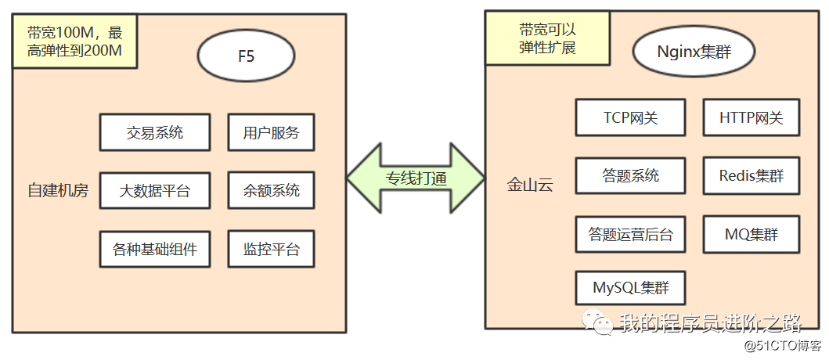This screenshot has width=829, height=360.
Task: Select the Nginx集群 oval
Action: click(x=694, y=53)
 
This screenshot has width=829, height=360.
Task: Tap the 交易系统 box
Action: click(x=155, y=132)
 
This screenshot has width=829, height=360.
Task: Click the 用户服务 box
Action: click(x=271, y=132)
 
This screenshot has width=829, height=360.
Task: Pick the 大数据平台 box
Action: click(x=155, y=190)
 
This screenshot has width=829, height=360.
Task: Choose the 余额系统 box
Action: click(x=271, y=190)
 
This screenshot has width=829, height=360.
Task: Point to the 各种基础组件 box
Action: click(x=155, y=250)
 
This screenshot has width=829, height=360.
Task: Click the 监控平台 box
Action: click(x=271, y=250)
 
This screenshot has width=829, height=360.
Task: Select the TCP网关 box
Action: click(x=630, y=118)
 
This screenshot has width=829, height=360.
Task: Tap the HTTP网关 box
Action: click(x=751, y=118)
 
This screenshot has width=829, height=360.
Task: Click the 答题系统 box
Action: click(x=630, y=176)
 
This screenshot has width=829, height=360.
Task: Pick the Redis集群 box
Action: click(x=751, y=176)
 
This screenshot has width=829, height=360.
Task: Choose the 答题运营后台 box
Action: click(x=630, y=234)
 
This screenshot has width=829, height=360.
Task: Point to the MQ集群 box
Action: click(x=751, y=234)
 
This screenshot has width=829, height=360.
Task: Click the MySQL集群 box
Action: click(x=630, y=287)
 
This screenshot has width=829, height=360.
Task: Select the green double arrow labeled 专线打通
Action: click(x=416, y=178)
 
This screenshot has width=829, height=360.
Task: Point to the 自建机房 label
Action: click(x=58, y=190)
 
